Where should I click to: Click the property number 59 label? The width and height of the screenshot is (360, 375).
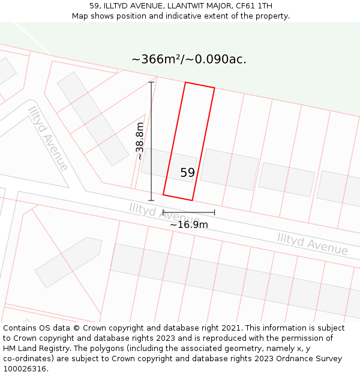pyautogui.click(x=187, y=173)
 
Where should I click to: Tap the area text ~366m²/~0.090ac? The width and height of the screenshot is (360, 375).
pyautogui.click(x=189, y=59)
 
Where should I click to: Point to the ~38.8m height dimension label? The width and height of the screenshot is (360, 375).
pyautogui.click(x=140, y=141)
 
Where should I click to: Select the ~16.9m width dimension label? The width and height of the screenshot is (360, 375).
pyautogui.click(x=188, y=224)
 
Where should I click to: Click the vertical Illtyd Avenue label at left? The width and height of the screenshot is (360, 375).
pyautogui.click(x=47, y=139)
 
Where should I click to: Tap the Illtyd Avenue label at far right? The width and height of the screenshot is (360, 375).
pyautogui.click(x=312, y=244)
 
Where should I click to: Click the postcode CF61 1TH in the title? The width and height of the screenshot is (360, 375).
pyautogui.click(x=254, y=6)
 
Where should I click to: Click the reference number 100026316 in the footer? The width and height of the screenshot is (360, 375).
pyautogui.click(x=25, y=369)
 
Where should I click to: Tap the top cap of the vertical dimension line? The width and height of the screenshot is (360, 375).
pyautogui.click(x=151, y=82)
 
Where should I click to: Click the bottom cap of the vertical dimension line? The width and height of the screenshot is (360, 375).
pyautogui.click(x=151, y=200)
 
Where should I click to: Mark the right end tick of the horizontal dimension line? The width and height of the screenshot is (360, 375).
pyautogui.click(x=214, y=212)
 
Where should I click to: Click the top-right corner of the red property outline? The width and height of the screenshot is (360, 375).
pyautogui.click(x=214, y=88)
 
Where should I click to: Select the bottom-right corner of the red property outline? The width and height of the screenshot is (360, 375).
pyautogui.click(x=192, y=200)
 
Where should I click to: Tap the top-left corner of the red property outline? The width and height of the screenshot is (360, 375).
pyautogui.click(x=185, y=82)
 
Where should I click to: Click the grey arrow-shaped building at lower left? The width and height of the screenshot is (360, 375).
pyautogui.click(x=68, y=262)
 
